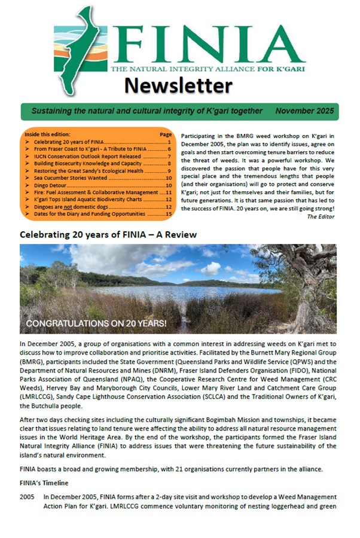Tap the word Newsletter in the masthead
point(178,86)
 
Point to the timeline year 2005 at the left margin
point(27,497)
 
